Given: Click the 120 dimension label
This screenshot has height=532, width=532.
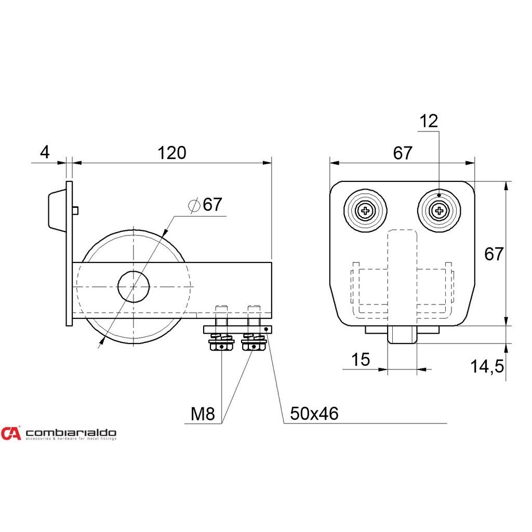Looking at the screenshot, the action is tap(171, 153).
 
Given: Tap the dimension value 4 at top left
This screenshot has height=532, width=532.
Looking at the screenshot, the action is tap(45, 152).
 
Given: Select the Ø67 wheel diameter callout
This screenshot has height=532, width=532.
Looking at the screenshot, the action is tap(205, 205).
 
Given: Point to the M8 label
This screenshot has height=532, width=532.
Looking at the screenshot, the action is tap(203, 414).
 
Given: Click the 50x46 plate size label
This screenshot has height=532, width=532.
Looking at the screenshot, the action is tap(314, 414).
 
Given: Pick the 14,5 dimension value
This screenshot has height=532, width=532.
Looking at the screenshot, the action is tap(487, 366).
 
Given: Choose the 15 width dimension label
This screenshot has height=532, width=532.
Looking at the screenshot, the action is tap(361, 360).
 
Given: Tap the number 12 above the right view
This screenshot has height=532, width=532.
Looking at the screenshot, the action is tap(429, 121).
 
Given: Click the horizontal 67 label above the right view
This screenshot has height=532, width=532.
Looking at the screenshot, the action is tap(403, 153).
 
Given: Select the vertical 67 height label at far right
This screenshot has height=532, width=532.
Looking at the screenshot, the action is tap(494, 254).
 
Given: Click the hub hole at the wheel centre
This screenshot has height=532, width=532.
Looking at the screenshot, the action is tap(134, 287).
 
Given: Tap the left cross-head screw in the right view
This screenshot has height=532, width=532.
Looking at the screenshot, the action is tap(365, 211).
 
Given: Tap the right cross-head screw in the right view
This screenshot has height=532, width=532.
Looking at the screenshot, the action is tap(439, 211).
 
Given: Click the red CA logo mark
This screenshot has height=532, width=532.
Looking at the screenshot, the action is tap(11, 433).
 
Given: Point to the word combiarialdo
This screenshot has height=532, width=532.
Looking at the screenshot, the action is tap(71, 433).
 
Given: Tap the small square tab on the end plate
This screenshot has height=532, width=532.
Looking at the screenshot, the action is tap(75, 211).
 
